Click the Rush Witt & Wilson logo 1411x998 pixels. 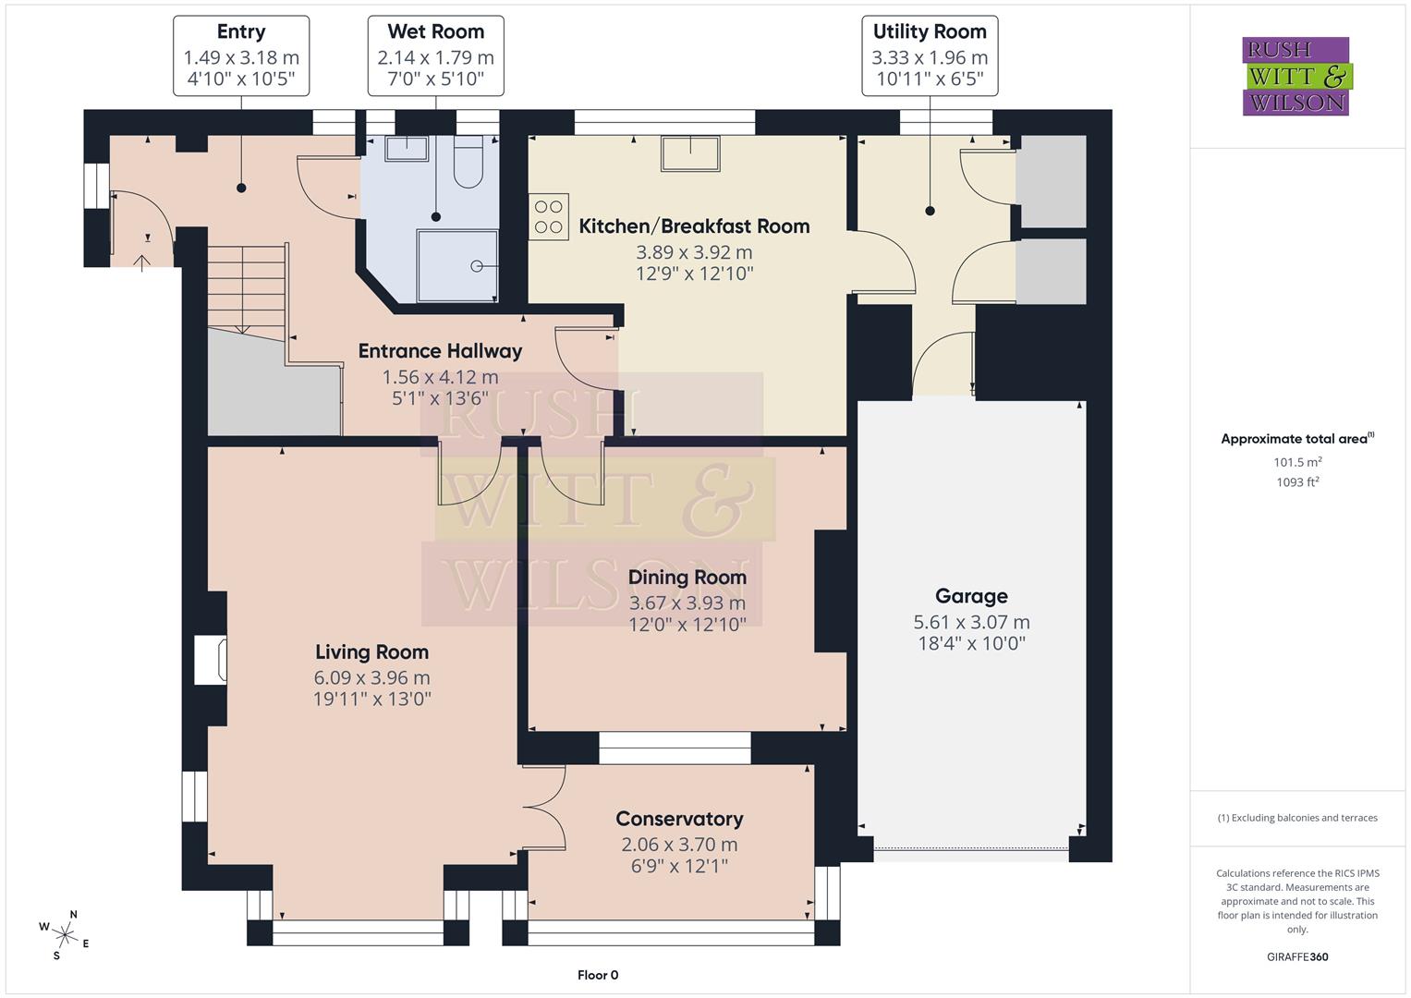[x=1295, y=76]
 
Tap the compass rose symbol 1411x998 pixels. [x=66, y=934]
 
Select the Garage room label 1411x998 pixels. [x=971, y=596]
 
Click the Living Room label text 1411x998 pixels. [x=371, y=651]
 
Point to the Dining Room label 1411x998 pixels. [x=687, y=578]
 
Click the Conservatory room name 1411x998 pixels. [x=679, y=819]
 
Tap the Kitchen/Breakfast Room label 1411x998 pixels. [x=694, y=226]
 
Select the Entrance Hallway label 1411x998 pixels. [x=440, y=351]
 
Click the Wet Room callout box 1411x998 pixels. [x=435, y=55]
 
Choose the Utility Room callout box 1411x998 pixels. [x=930, y=55]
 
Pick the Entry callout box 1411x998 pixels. [x=241, y=55]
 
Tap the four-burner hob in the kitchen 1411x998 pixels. [x=549, y=217]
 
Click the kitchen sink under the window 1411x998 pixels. [x=689, y=153]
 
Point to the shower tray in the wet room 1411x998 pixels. [x=457, y=265]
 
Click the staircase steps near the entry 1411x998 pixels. [x=245, y=286]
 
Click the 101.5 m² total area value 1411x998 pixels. [x=1297, y=462]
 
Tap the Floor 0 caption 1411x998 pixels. [x=598, y=975]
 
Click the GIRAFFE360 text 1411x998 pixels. [x=1297, y=956]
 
